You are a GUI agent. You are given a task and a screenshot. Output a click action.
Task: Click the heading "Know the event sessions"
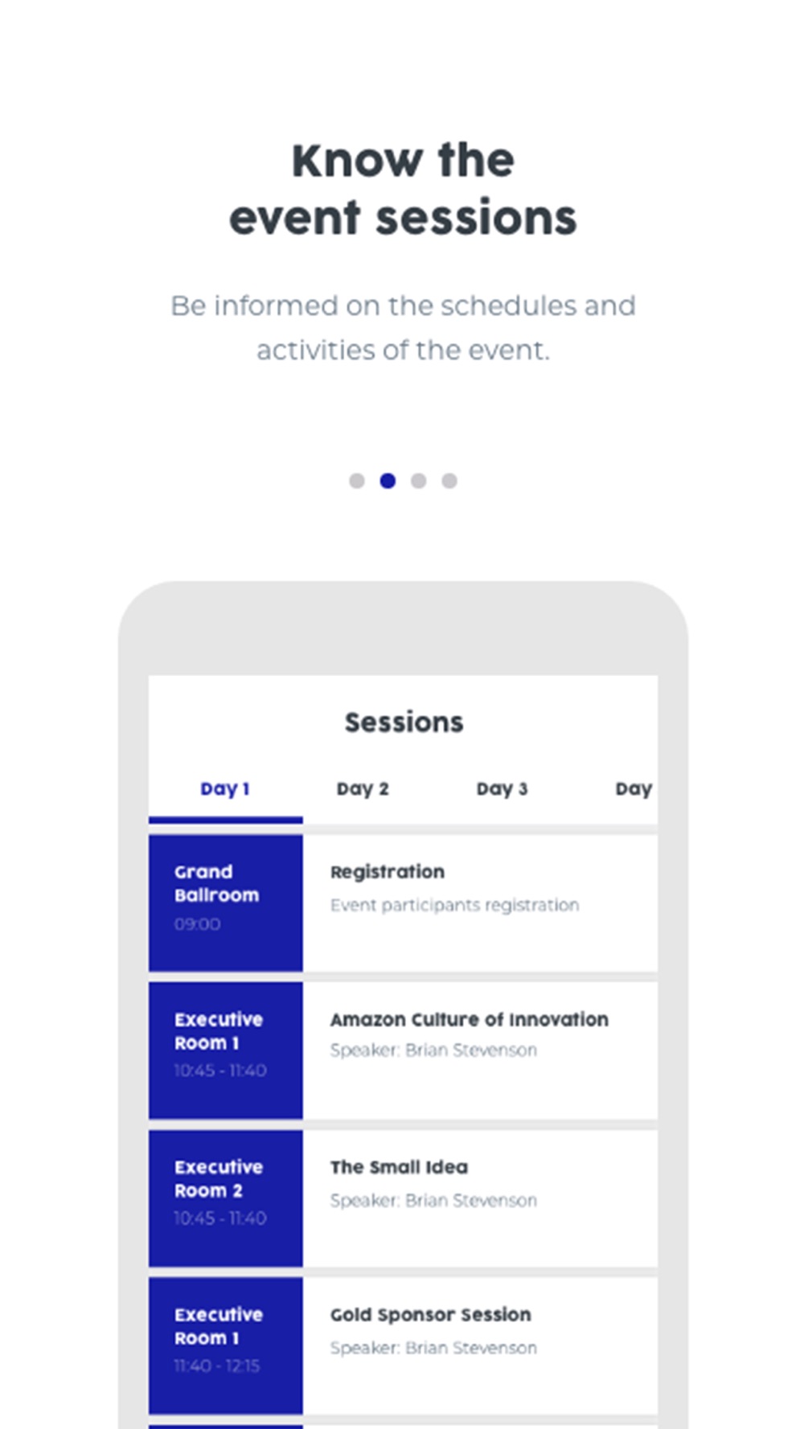point(403,190)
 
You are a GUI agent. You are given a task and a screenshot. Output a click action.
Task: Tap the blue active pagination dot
point(388,481)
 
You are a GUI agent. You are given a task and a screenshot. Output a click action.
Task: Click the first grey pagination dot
point(357,481)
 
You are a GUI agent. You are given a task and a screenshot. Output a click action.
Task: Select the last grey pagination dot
point(449,481)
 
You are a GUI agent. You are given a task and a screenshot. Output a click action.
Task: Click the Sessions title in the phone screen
point(404,723)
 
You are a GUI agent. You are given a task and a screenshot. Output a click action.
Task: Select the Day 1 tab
point(225,789)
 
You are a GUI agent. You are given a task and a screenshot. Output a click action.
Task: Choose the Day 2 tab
point(363,789)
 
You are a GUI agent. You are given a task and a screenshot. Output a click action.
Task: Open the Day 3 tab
point(503,789)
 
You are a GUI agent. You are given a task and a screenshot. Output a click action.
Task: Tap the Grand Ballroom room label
point(216,883)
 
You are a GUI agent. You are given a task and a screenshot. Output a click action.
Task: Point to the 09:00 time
point(197,924)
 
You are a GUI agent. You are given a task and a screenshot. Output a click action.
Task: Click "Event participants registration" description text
point(454,906)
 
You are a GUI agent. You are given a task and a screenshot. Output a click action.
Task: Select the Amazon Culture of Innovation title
point(470,1019)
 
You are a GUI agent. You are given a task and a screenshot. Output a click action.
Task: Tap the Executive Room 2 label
point(219,1179)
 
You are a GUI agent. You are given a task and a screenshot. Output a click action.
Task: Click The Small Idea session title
point(399,1167)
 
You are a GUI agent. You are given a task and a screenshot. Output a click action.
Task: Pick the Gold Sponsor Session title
point(431,1315)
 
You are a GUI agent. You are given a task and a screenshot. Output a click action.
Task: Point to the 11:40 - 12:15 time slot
point(217,1366)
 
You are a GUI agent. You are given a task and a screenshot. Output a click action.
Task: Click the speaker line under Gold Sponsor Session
point(433,1348)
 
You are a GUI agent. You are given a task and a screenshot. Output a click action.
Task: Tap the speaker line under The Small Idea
point(433,1200)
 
